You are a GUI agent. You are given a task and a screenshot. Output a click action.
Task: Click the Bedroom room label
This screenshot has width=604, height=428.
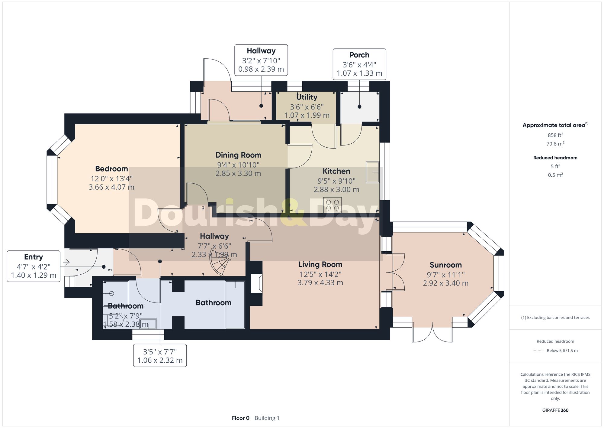coord(111,169)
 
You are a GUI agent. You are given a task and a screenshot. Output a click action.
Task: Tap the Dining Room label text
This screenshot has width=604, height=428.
coord(238,155)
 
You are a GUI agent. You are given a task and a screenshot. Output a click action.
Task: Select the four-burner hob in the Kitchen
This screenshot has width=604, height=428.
coord(333,205)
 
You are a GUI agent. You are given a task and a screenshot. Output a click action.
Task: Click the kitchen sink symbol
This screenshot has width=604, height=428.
coord(372,172)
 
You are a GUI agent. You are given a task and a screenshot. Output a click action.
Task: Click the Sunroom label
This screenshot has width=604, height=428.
coord(446,265)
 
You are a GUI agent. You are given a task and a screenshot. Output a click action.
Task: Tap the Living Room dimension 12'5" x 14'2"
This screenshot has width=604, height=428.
coord(320,274)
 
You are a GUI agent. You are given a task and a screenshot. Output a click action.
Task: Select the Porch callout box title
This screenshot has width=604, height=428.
coord(359,55)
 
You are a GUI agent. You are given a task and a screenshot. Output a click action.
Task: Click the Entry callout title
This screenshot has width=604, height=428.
coord(34,257)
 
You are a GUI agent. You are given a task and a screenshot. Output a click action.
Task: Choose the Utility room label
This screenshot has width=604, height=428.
coord(307,97)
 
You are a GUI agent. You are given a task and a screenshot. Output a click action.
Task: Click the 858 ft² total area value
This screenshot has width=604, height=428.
coord(555,135)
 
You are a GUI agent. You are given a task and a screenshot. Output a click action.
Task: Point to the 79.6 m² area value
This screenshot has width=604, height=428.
coord(555,144)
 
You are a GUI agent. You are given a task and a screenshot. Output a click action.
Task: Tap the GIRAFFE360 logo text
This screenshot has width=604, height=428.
coord(555,410)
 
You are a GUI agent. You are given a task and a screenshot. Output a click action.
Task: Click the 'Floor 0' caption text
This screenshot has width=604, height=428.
coord(241,418)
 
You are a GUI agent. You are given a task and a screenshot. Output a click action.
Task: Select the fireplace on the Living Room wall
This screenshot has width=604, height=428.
coord(257,283)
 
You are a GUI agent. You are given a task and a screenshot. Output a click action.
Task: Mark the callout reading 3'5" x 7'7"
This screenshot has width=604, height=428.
coord(160,356)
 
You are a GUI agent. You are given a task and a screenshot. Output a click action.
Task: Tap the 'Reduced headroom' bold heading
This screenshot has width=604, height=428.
coord(555,158)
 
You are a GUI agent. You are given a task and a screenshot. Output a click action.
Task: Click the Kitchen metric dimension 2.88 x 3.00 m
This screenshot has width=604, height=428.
coord(336,190)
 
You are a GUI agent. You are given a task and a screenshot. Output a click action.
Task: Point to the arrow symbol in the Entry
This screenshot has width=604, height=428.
coord(66,262)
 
